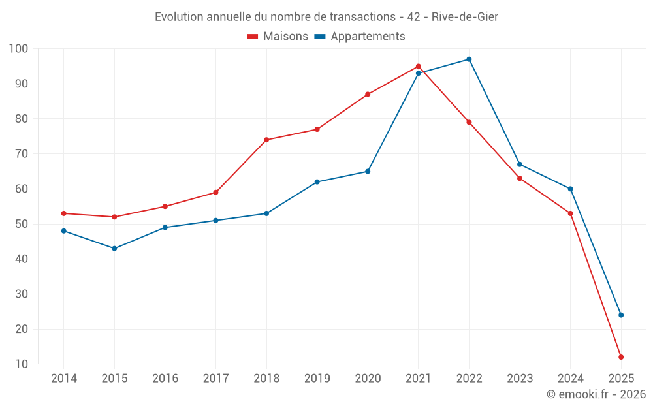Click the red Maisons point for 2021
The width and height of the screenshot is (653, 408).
coord(419,67)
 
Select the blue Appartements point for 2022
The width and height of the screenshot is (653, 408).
coord(469,59)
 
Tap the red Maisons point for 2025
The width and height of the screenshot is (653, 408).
coord(621,357)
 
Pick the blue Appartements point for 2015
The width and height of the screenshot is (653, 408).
coord(114,249)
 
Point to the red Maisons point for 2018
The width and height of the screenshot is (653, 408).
coord(266,140)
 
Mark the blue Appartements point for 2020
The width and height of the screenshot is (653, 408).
coord(368,172)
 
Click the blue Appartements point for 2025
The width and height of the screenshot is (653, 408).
coord(621,315)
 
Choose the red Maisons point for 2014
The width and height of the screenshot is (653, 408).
coord(64,213)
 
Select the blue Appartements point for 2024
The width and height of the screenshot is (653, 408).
coord(570,189)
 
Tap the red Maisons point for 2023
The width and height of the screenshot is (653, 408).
coord(520,178)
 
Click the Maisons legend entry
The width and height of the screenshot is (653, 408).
coord(278,37)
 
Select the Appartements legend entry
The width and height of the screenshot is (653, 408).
coord(360,37)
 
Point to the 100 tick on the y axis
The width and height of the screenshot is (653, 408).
coord(18,49)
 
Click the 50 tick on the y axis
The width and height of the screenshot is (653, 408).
coord(22,224)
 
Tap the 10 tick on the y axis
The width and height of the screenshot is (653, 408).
coord(22,364)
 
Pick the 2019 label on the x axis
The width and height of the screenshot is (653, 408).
coord(317,379)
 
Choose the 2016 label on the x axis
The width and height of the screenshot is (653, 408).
coord(165,379)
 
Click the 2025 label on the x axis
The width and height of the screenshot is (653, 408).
coord(621,379)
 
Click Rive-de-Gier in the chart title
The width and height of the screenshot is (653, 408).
coord(465,17)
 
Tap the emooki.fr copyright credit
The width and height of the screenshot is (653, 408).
coord(596,394)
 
